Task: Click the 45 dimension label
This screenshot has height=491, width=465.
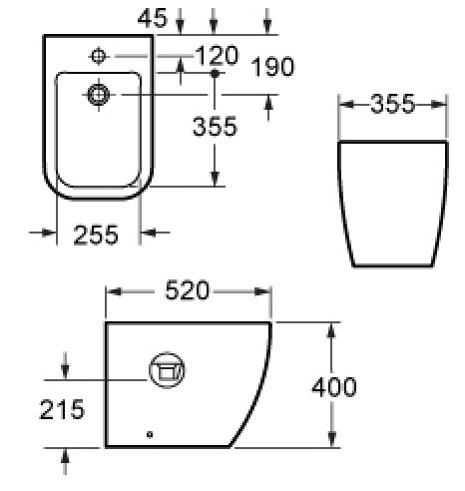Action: pos(153,18)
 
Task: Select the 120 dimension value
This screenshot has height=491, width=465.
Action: pos(217,55)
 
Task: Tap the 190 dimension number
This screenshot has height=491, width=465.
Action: pos(272,67)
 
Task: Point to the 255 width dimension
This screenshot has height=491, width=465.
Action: pos(96,235)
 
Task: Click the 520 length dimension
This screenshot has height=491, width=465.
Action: pos(188,290)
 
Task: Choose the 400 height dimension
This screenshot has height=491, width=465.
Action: pos(334,387)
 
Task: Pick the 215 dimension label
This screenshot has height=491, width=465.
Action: pos(62,409)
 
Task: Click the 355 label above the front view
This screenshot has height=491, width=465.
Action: pos(393,104)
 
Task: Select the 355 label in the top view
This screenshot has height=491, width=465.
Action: pos(215,127)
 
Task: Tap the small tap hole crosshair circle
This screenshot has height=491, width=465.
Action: pos(99,56)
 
